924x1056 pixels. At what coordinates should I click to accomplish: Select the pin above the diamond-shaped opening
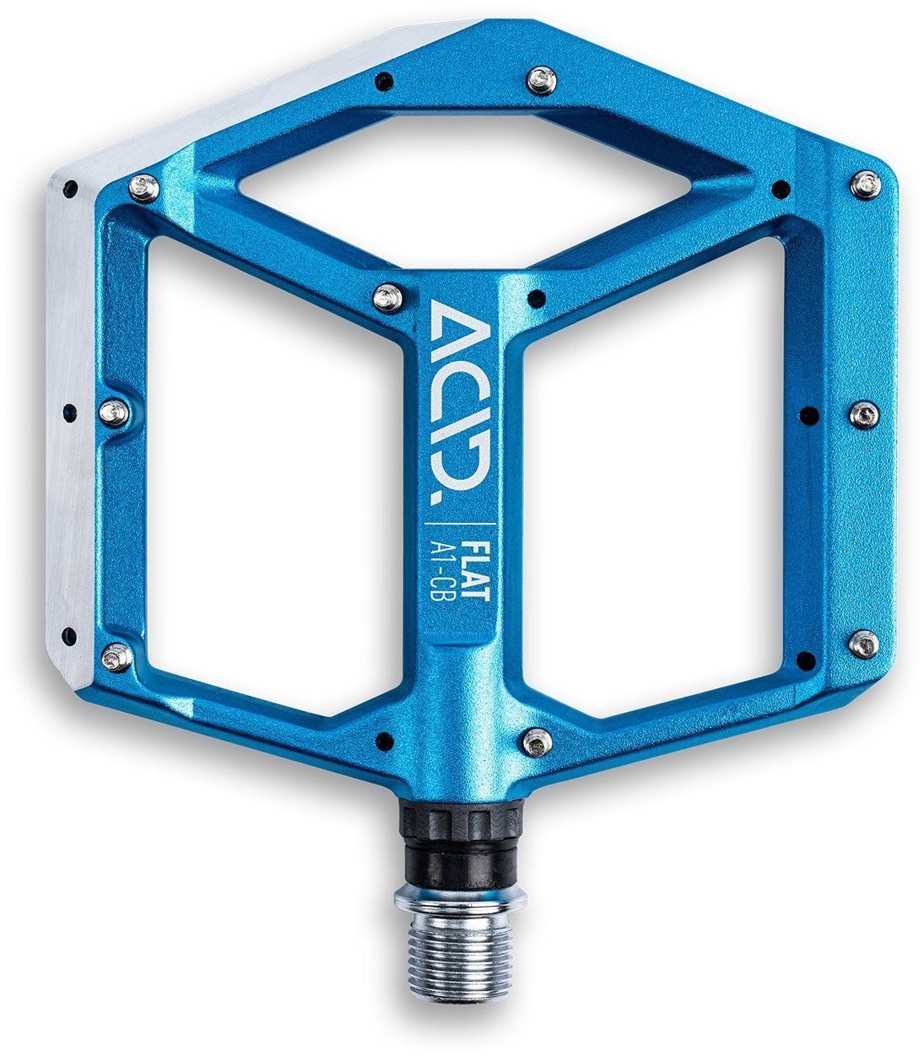pos(541,81)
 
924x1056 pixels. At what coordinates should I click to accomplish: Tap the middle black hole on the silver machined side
pos(69,413)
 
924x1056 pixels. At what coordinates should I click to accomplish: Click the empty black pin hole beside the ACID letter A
pos(534,297)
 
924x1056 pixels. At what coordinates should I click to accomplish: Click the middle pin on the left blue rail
pos(114,412)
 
